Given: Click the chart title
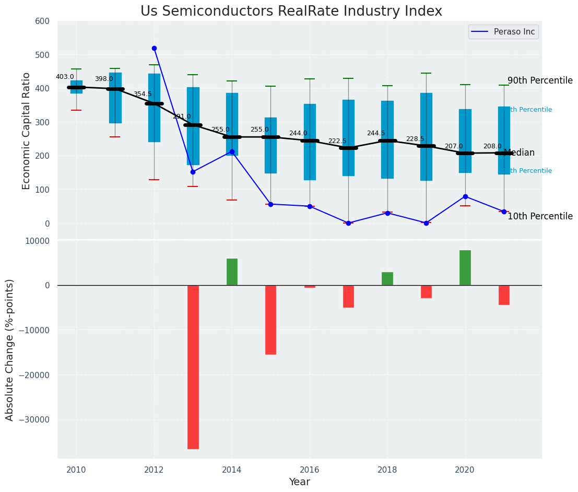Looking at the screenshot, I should (291, 11).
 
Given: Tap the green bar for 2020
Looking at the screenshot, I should (465, 267).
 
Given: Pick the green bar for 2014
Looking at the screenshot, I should (232, 272).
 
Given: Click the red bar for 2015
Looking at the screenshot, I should (270, 320).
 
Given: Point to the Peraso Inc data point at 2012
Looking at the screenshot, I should (154, 48).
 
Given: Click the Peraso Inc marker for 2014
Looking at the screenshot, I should (232, 151).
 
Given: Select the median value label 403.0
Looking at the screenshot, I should (65, 77).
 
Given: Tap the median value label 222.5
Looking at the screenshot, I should (337, 141).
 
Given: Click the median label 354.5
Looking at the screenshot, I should (143, 94).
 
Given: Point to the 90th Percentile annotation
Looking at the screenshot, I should (540, 80).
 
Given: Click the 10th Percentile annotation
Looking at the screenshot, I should (540, 216).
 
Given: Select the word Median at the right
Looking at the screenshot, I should (519, 153).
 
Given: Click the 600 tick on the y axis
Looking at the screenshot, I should (42, 21).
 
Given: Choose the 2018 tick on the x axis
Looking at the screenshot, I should (387, 470).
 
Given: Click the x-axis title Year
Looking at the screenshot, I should (299, 482).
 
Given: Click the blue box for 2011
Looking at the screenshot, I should (115, 98).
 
